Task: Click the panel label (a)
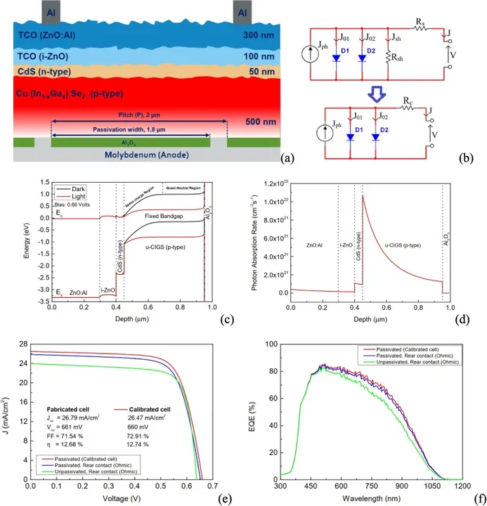[287, 158]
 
